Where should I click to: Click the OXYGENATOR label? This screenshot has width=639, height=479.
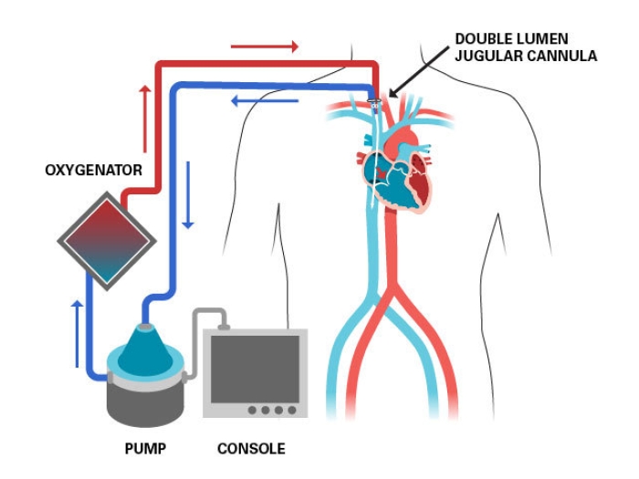[93, 170]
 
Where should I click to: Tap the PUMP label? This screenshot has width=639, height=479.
[144, 448]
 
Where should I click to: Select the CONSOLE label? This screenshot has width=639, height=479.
[251, 448]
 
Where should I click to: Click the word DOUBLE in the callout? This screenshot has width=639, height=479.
[485, 39]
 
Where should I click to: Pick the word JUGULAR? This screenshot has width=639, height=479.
[491, 56]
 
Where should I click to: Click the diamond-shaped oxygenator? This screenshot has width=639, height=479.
[106, 240]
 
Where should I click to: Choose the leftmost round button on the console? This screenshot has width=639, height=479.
[253, 410]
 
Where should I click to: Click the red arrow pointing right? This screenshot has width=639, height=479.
[264, 46]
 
